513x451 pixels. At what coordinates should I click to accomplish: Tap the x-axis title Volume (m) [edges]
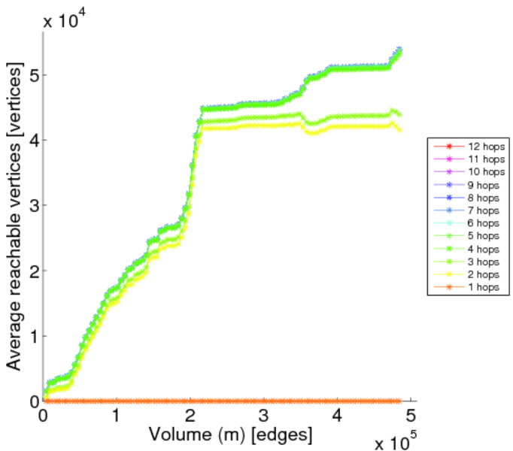point(229,434)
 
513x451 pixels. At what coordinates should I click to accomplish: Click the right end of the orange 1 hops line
point(399,401)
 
